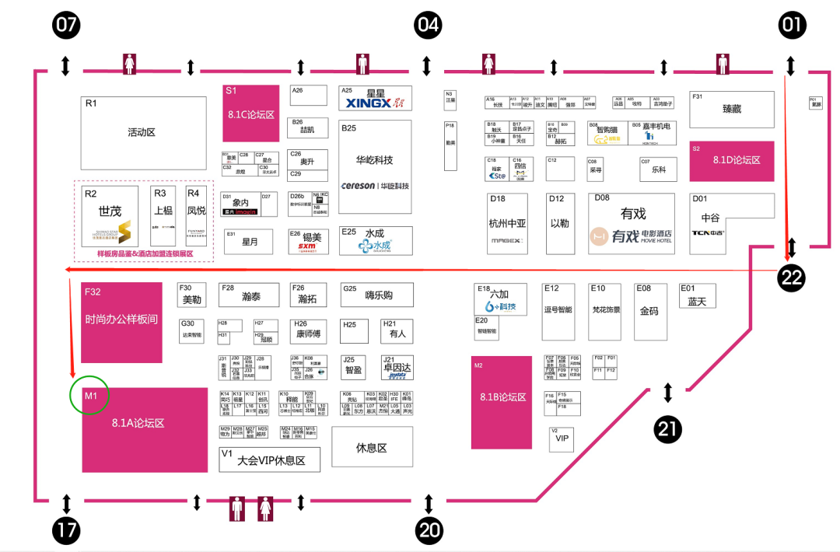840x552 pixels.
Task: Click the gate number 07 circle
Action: [66, 25]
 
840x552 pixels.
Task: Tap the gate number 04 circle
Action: [428, 25]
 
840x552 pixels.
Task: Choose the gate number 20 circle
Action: [429, 531]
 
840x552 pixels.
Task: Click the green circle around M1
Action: [89, 397]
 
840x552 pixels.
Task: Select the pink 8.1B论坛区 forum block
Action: [502, 402]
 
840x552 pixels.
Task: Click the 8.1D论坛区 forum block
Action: [732, 161]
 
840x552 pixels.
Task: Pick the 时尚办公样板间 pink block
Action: [121, 321]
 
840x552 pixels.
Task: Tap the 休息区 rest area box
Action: [371, 446]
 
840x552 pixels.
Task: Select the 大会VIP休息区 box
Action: [269, 459]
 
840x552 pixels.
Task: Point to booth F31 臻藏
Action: [732, 110]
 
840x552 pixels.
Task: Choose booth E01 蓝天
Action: [697, 296]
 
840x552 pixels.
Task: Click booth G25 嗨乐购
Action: [377, 295]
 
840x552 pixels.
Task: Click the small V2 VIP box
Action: [562, 440]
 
